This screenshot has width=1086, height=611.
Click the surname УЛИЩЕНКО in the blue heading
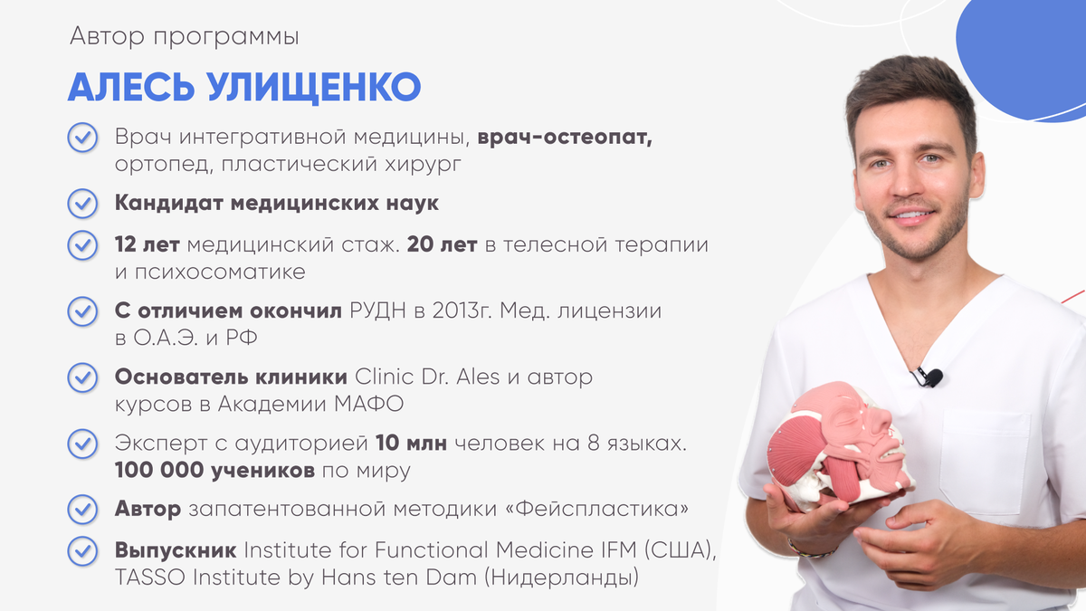point(314,87)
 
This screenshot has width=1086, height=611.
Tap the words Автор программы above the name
point(185,37)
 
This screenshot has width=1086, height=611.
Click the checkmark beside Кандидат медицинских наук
point(82,203)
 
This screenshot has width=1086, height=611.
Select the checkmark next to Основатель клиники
point(82,377)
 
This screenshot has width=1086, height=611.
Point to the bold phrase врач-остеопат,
point(565,138)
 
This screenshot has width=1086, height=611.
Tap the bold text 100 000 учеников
point(214,471)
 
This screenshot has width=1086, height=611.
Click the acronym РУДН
point(377,310)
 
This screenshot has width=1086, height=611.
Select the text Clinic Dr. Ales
point(427,377)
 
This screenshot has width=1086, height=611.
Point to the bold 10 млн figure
point(411,444)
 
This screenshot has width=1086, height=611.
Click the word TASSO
point(150,578)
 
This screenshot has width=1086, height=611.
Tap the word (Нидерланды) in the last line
point(561,578)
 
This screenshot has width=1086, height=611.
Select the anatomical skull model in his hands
point(840,446)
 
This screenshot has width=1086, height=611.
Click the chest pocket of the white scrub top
point(985,461)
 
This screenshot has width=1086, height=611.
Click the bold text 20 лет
point(443,244)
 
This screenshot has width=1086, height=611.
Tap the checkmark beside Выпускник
point(82,551)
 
